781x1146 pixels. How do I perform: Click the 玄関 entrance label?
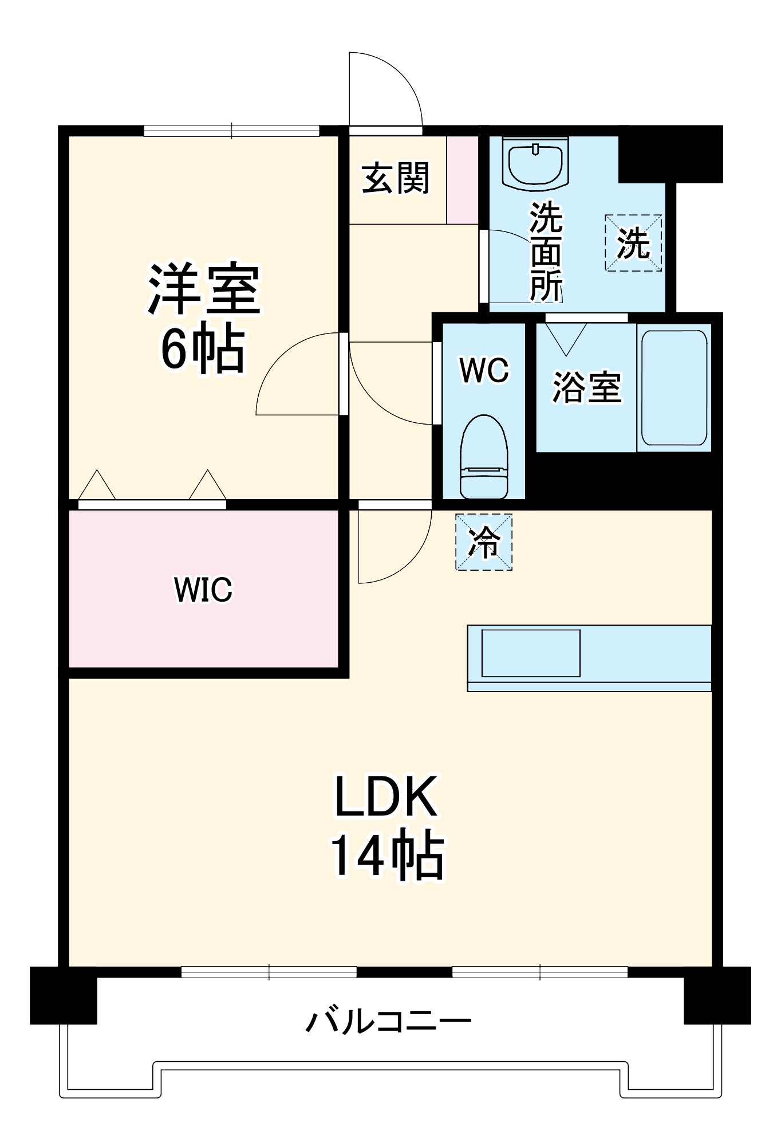click(395, 178)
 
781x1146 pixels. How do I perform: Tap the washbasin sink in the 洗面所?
click(535, 163)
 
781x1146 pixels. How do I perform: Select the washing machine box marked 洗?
click(633, 243)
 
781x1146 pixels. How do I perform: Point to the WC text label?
click(484, 370)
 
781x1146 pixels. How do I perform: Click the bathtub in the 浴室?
click(674, 387)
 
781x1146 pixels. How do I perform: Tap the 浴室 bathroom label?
click(586, 387)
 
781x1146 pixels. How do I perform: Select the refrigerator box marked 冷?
click(484, 542)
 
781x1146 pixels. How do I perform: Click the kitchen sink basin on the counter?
click(530, 653)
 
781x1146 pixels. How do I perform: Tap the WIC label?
click(203, 589)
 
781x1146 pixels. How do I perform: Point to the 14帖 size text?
click(387, 854)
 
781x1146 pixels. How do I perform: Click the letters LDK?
click(387, 796)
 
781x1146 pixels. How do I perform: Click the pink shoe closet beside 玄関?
click(462, 180)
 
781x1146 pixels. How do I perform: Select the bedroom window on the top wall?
click(231, 131)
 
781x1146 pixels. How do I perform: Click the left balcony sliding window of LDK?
click(269, 972)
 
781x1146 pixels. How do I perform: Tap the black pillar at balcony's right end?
click(717, 995)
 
